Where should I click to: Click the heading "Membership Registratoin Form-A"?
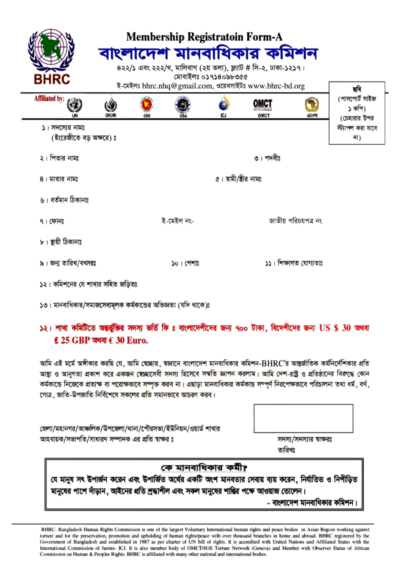tap(204, 37)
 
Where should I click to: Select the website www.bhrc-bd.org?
tap(276, 86)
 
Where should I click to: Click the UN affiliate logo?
tap(75, 106)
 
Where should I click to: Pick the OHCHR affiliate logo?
tap(110, 106)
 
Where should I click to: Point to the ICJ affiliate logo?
tap(223, 106)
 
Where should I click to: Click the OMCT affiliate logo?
tap(263, 106)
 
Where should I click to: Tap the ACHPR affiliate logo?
tap(312, 106)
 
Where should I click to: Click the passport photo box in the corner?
tap(357, 113)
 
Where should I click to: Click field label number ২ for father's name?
tap(59, 158)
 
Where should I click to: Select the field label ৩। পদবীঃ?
tap(267, 158)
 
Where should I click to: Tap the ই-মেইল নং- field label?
tap(177, 221)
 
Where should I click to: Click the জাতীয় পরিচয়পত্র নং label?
tap(296, 221)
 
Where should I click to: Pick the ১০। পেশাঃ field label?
tap(185, 263)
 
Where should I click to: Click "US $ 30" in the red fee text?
tap(335, 328)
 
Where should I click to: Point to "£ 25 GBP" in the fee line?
tap(72, 340)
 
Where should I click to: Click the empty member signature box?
tap(303, 418)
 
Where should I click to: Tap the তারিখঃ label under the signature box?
tap(286, 450)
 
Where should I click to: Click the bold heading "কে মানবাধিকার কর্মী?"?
tap(204, 467)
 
